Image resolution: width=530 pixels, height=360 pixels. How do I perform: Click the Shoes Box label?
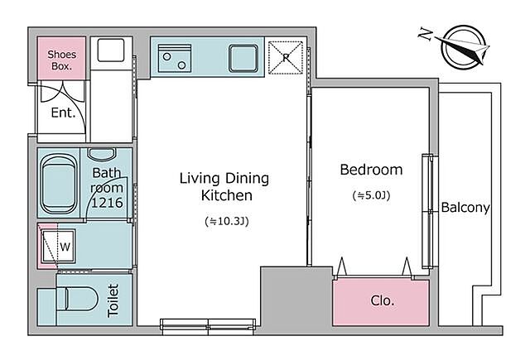[61, 60]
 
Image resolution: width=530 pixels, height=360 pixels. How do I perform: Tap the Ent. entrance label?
[63, 113]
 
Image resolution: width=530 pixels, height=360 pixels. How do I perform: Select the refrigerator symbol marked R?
[285, 57]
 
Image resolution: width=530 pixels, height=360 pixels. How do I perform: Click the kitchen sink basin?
[243, 58]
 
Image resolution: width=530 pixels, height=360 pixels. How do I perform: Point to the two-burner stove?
[175, 58]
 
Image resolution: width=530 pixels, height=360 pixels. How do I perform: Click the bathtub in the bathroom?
[58, 184]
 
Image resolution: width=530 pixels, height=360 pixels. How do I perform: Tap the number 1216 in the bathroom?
[107, 203]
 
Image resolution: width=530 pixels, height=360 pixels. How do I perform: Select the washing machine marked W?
[58, 247]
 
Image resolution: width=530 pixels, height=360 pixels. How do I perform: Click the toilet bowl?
[81, 299]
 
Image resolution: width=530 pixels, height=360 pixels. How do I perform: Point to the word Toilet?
[113, 300]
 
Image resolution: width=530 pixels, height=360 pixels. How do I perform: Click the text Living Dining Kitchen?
[224, 187]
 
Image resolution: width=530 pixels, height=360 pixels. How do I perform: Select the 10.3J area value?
[227, 222]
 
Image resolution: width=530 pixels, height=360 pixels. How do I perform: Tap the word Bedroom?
[371, 170]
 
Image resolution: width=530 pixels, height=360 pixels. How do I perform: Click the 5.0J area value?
[371, 195]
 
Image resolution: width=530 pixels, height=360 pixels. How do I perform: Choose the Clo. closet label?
[383, 300]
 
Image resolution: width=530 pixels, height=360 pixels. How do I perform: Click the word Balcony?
[465, 207]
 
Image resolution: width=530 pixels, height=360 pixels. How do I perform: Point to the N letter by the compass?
[425, 34]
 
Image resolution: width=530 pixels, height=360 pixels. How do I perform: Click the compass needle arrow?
[462, 48]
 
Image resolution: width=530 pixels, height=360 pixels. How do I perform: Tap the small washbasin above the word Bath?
[102, 154]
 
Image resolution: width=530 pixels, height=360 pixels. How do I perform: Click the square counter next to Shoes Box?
[111, 50]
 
